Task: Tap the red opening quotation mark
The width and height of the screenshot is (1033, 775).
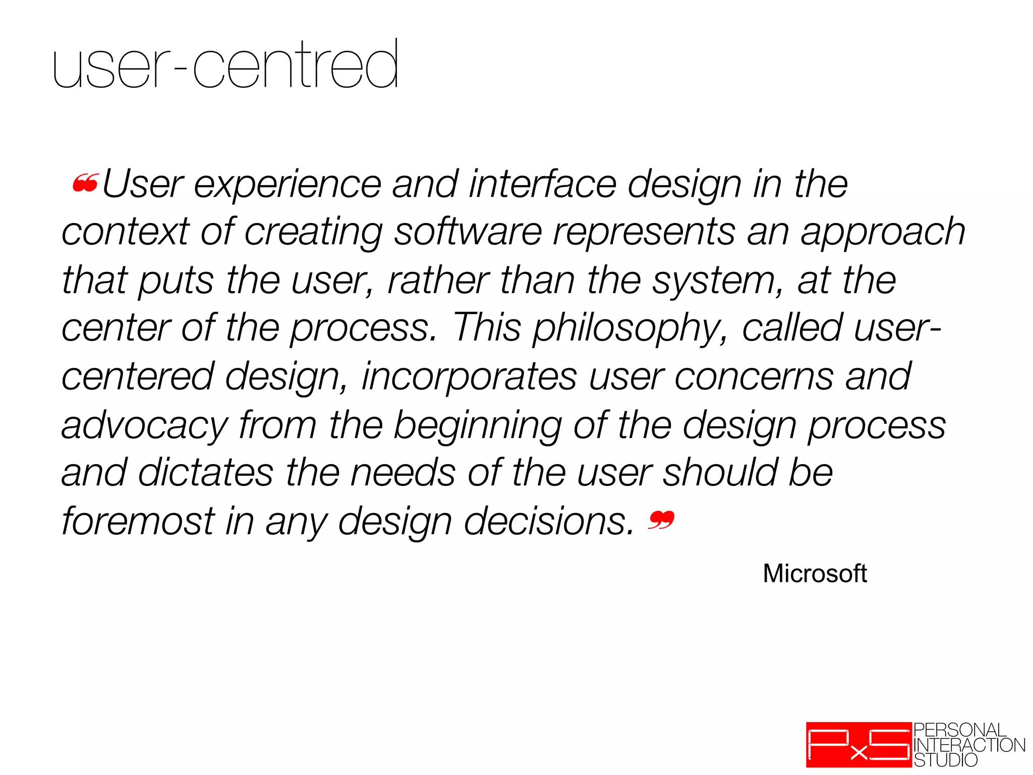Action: coord(85,184)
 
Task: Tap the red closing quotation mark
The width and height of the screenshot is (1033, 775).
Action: coord(661,520)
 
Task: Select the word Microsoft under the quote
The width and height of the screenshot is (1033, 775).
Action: coord(815,574)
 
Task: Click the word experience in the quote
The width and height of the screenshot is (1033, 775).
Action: coord(288,185)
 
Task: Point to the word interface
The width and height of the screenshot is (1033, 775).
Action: coord(542,184)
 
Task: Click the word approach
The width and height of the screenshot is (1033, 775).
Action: coord(883,233)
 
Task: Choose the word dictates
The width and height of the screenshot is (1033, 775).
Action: coord(206,473)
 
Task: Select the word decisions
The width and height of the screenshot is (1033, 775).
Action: coord(549,521)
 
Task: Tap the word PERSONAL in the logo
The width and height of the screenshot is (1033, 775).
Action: coord(959,730)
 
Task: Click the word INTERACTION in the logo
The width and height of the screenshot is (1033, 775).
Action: coord(969,745)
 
